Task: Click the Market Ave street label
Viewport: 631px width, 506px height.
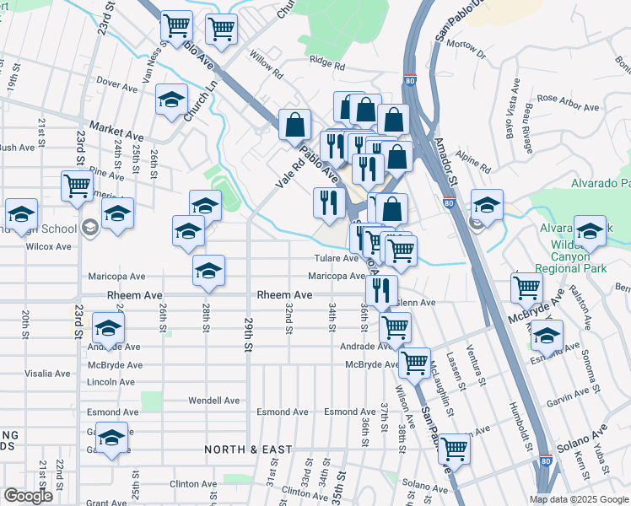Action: click(x=116, y=134)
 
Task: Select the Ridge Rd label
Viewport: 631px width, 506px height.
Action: click(x=326, y=62)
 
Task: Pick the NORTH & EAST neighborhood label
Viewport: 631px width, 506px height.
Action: click(x=248, y=450)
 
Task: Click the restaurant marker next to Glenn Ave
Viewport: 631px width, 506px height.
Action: click(x=382, y=289)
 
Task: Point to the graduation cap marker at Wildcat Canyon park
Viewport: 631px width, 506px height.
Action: click(x=590, y=230)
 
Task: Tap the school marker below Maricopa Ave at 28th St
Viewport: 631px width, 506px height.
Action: click(x=208, y=270)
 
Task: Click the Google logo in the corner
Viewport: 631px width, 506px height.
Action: click(x=29, y=496)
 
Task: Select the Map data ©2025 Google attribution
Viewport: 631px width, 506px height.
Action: click(x=580, y=499)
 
